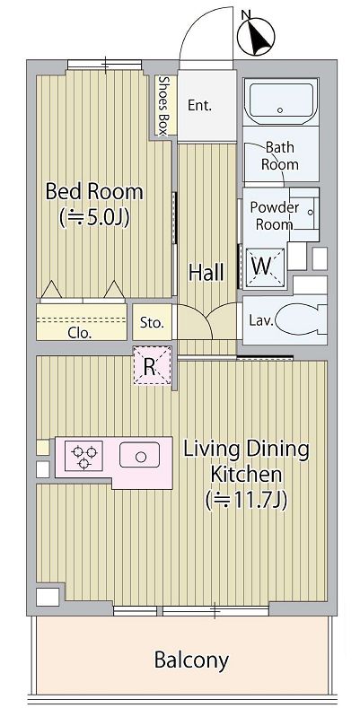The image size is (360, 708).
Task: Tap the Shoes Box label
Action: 163,105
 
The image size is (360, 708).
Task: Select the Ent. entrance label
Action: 199,106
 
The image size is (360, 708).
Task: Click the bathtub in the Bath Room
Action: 280,102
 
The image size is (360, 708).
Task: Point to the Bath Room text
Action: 280,155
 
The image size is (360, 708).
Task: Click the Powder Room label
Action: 274,215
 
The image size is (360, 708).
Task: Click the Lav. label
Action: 260,320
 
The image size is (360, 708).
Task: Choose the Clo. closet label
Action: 80,334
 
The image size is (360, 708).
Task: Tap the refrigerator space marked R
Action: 153,365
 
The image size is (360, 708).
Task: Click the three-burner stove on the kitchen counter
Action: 84,457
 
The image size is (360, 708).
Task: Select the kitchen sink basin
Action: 139,455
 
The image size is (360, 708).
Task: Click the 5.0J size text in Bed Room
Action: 95,217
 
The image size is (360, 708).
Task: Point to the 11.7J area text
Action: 246,501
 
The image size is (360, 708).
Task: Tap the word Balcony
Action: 191,660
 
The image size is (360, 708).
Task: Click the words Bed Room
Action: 94,191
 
